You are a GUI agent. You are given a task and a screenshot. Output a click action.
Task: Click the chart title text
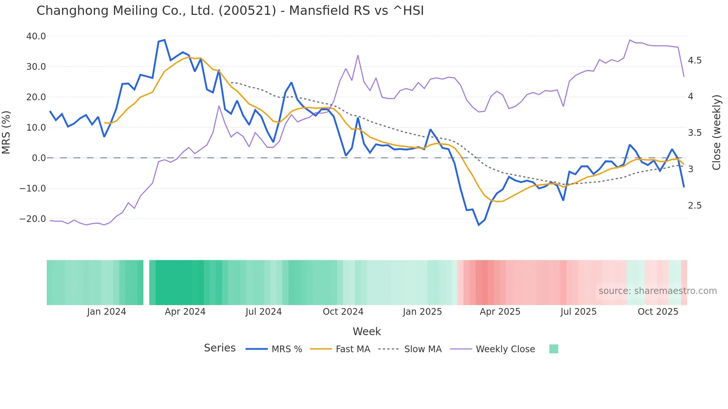click(230, 11)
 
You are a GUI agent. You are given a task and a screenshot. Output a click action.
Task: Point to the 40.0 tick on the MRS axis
click(36, 36)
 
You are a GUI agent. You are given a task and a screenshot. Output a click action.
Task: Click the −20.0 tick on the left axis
click(33, 219)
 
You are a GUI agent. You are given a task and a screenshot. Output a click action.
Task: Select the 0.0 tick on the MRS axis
click(39, 158)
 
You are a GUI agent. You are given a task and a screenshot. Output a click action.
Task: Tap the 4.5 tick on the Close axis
click(695, 60)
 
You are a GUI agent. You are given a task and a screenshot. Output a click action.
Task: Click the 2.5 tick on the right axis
click(695, 206)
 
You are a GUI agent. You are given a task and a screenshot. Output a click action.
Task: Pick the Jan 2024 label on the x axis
click(107, 312)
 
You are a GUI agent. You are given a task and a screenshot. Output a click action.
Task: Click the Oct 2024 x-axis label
click(343, 312)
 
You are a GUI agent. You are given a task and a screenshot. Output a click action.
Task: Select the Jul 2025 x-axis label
click(578, 312)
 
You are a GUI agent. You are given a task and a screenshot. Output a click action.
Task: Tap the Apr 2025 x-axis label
click(500, 312)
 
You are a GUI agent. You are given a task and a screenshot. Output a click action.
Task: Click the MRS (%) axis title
click(6, 132)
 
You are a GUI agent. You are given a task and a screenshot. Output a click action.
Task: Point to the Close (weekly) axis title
click(716, 132)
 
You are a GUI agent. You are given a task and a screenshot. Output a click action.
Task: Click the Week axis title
click(367, 331)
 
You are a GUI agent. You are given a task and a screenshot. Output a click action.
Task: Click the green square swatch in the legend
click(553, 349)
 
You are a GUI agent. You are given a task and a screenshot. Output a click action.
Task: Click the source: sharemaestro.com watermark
click(657, 291)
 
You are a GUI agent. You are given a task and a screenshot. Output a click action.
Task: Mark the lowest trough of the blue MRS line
click(479, 225)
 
